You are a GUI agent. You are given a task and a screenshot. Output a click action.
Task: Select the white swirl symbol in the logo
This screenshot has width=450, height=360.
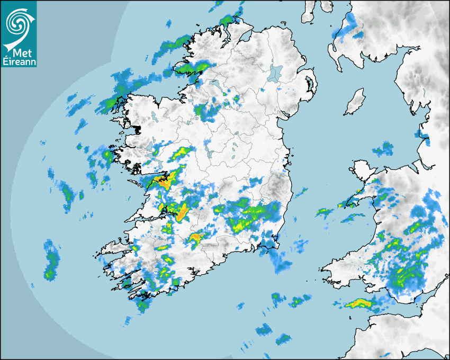(18, 23)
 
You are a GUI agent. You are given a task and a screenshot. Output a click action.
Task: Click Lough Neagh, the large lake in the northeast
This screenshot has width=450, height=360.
(275, 73)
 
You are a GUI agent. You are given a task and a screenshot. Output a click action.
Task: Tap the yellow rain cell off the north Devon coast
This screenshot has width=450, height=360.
(358, 303)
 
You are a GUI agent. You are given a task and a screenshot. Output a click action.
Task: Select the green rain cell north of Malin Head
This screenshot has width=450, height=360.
(227, 20)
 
